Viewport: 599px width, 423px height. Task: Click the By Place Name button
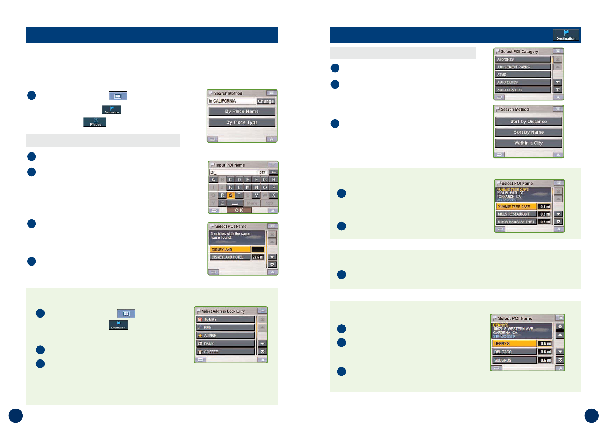242,111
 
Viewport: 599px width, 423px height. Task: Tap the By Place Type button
242,122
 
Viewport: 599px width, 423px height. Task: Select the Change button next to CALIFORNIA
266,101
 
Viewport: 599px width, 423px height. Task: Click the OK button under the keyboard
239,210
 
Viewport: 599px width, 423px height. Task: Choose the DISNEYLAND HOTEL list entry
230,257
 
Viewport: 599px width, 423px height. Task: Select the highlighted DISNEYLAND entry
230,250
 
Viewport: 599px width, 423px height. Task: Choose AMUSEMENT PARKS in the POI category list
523,67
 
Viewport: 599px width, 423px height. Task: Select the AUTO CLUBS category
523,82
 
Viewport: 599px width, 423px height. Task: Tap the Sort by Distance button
528,121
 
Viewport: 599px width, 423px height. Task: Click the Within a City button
528,143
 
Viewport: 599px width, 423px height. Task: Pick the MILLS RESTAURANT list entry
516,214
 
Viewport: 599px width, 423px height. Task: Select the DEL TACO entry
514,352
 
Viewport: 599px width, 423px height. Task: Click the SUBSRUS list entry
514,360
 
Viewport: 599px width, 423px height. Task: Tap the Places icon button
95,122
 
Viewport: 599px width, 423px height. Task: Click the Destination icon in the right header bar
566,35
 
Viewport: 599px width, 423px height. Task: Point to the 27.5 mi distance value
258,257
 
